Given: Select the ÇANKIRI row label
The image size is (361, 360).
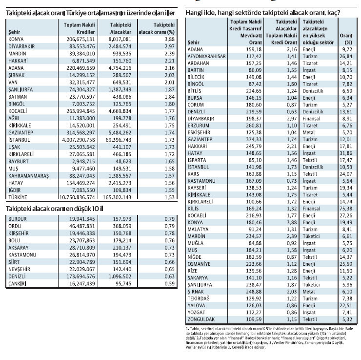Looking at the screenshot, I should tap(18, 283).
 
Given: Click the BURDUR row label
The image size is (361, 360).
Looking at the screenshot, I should tap(18, 219).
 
